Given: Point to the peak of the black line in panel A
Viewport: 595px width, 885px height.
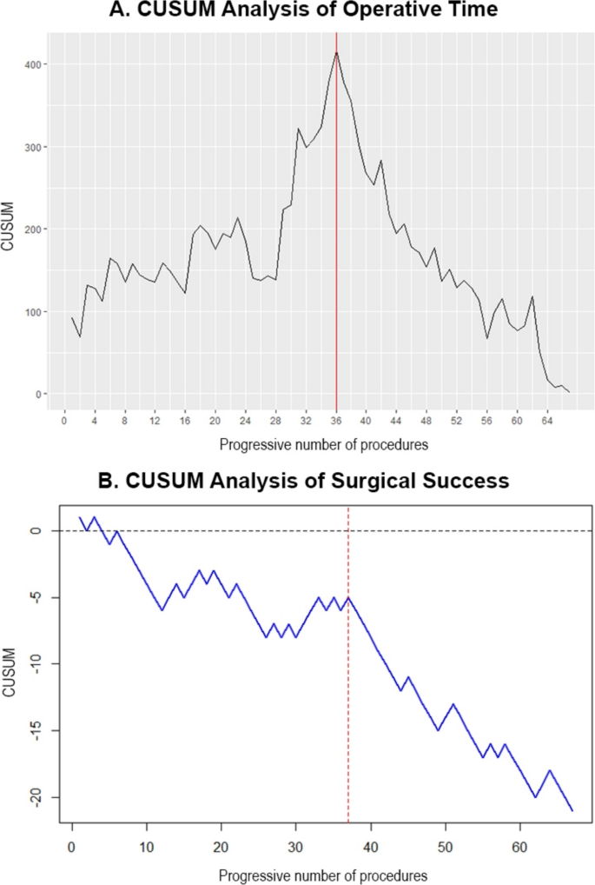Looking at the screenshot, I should [x=336, y=52].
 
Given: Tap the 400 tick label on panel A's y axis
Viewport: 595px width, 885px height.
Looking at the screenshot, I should [x=29, y=65].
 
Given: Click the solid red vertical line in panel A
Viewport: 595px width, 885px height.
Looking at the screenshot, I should [x=336, y=217].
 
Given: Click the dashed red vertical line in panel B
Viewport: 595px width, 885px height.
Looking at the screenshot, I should [x=348, y=695].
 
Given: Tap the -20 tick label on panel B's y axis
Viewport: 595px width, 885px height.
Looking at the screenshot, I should [x=36, y=797].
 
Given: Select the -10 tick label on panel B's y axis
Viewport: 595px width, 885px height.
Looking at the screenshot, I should [x=36, y=664].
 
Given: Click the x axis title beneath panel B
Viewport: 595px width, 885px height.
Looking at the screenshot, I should [x=322, y=872].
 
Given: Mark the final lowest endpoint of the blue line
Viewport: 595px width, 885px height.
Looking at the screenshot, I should [x=572, y=810].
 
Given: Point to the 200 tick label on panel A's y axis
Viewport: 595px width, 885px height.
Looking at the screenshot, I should [x=29, y=230].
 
